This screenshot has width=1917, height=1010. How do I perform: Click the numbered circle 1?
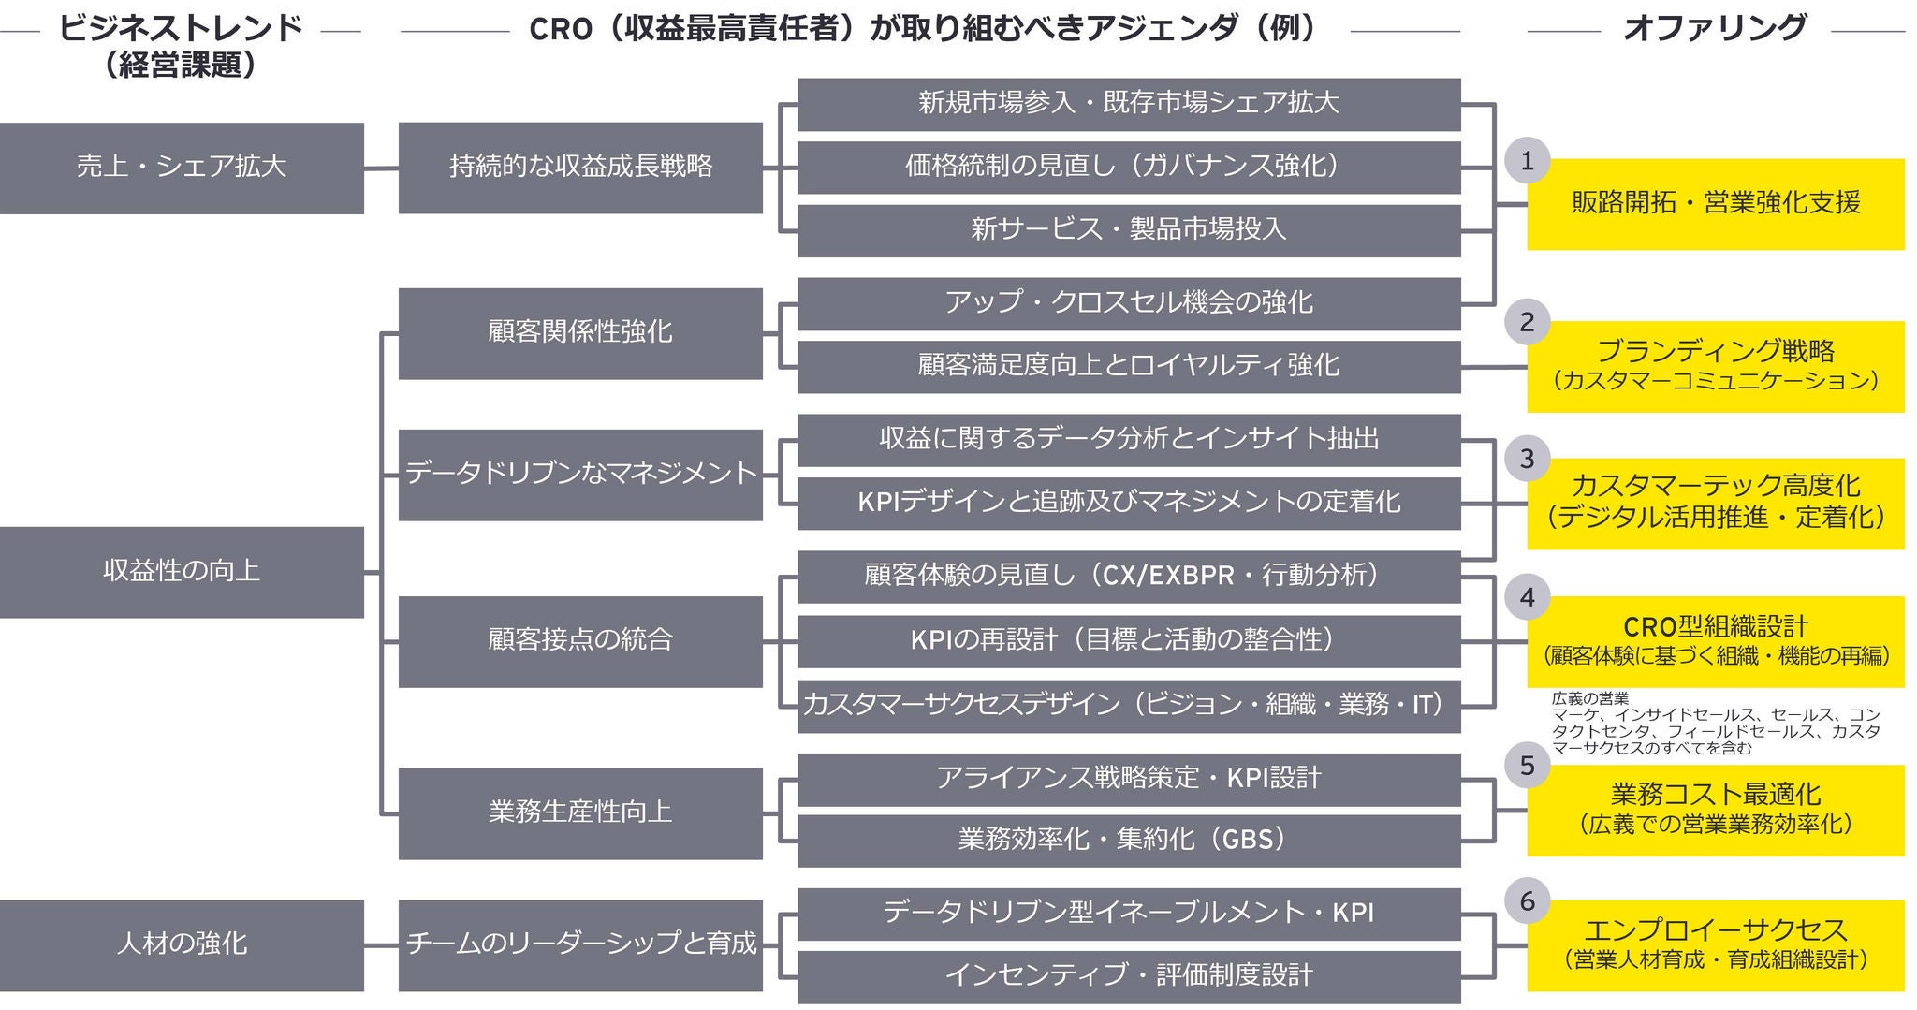[1527, 161]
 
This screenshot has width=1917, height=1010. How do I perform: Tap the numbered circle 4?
[1527, 597]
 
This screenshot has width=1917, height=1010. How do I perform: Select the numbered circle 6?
[1527, 900]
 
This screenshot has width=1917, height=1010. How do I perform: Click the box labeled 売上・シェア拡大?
[182, 168]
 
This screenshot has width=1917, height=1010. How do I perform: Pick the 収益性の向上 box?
[182, 571]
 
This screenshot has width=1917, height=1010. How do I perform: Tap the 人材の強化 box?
[182, 944]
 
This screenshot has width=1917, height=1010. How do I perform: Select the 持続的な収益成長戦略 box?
[580, 168]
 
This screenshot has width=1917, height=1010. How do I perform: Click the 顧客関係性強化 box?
[580, 332]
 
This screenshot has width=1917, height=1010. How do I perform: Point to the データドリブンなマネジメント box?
[580, 474]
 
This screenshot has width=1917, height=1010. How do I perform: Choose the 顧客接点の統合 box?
[580, 641]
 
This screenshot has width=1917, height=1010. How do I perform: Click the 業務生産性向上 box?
[580, 812]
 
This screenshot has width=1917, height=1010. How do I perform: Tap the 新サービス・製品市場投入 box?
[1128, 230]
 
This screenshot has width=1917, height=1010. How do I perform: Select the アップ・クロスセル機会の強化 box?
[1128, 303]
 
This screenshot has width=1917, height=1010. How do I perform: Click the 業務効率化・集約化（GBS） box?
[1128, 840]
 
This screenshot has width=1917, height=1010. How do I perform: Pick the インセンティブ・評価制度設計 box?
[1128, 976]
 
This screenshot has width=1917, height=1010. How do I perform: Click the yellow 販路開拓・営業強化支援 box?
[1715, 204]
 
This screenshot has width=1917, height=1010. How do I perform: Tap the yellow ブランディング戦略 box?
[1715, 366]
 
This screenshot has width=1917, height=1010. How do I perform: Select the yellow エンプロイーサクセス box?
[1715, 944]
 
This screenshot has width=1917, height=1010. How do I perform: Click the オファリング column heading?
[1715, 28]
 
